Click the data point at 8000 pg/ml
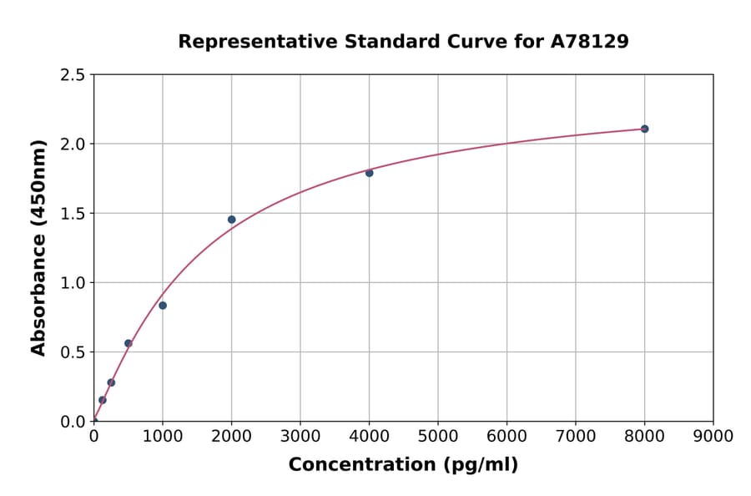[x=644, y=129]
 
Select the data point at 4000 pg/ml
[x=369, y=173]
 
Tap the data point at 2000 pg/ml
[x=231, y=220]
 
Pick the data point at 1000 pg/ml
[x=163, y=306]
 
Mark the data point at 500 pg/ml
[x=128, y=343]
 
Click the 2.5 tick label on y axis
[x=73, y=75]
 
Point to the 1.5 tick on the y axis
[x=73, y=214]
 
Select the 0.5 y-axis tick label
[x=73, y=352]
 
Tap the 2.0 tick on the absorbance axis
[x=73, y=144]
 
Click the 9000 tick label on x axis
[x=713, y=436]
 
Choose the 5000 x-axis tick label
[x=437, y=436]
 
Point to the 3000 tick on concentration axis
[x=300, y=436]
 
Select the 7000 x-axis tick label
[x=575, y=436]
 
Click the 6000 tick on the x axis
[x=507, y=436]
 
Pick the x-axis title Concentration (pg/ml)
[x=403, y=465]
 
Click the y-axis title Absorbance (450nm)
[x=38, y=247]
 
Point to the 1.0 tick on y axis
[x=73, y=283]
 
